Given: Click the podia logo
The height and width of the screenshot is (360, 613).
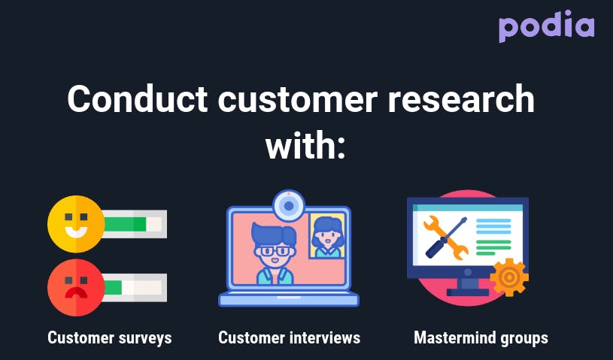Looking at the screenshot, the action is (x=546, y=26).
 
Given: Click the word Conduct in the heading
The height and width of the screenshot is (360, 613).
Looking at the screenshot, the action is (x=137, y=99).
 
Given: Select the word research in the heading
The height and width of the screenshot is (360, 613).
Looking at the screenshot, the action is (x=460, y=99).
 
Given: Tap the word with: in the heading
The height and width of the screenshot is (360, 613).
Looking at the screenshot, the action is (x=305, y=146).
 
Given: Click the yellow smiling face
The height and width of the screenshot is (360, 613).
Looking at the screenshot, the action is (x=76, y=224).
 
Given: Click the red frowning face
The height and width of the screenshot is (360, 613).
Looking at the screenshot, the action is (x=76, y=287).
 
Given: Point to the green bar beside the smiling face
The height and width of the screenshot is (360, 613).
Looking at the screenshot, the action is (x=126, y=224).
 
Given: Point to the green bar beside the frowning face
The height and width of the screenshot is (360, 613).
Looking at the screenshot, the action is (x=114, y=288).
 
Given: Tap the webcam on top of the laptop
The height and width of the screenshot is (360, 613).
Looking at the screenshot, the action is (x=289, y=206).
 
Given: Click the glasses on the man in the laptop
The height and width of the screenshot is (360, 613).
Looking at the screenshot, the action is (x=274, y=250).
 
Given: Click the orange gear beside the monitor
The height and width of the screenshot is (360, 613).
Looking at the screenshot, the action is (x=509, y=277).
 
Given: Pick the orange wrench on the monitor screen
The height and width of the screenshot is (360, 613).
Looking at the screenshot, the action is (x=446, y=237).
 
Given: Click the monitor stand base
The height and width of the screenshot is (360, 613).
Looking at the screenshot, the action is (x=468, y=292).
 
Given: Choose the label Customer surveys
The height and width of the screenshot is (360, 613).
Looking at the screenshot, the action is (x=110, y=338).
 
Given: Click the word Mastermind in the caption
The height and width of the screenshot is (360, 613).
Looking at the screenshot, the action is (x=455, y=337).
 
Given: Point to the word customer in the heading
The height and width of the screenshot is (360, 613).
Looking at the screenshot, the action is (x=297, y=99).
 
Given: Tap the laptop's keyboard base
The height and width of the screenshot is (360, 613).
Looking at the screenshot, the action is (x=289, y=300).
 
